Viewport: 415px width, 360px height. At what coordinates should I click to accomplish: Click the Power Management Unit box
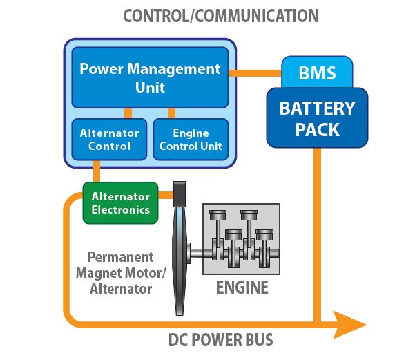[150, 77]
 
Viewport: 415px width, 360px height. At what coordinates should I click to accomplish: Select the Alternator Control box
[110, 139]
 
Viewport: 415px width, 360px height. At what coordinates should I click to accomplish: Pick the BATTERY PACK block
[317, 119]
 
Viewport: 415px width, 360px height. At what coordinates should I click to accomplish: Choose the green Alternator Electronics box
[120, 202]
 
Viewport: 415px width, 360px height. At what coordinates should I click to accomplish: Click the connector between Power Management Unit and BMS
[255, 73]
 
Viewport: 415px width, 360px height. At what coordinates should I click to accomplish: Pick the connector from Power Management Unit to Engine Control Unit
[170, 113]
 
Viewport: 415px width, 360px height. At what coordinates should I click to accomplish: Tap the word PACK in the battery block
[317, 129]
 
